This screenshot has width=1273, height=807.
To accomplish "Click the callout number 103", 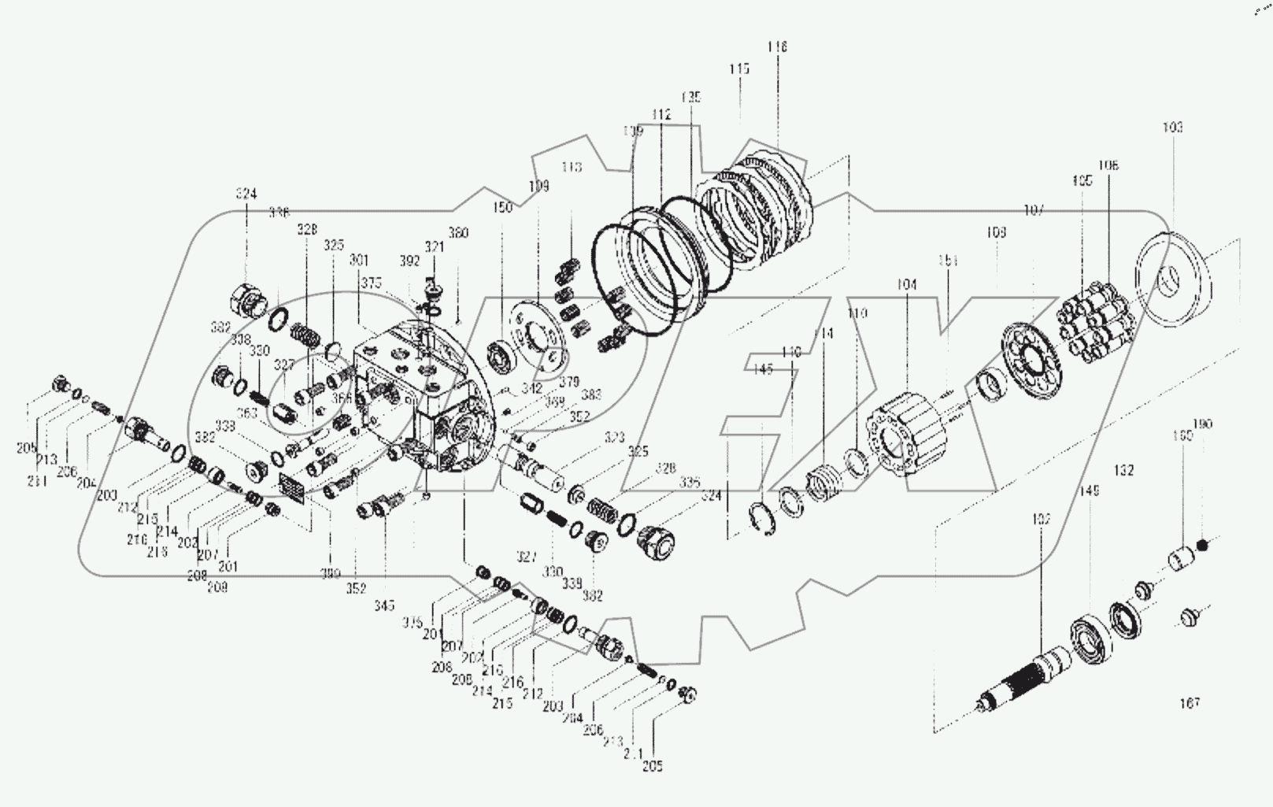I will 1171,128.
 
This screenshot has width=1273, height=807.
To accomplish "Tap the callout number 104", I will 906,285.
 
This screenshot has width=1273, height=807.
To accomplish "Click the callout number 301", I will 358,260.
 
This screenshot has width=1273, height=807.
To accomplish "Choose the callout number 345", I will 385,605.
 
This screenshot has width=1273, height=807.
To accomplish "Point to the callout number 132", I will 1123,470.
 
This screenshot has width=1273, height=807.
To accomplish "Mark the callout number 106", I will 1108,166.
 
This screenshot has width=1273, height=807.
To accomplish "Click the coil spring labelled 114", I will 824,479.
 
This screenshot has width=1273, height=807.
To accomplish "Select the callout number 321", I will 435,247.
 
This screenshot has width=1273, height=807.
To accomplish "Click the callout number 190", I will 1204,424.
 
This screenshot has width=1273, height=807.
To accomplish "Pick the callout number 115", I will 738,69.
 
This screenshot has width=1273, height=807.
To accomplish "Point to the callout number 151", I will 947,261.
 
